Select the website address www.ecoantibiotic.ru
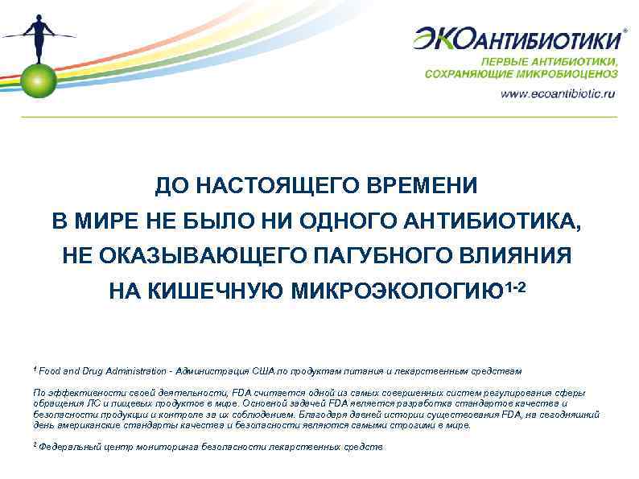pyautogui.click(x=558, y=93)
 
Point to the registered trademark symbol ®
pyautogui.click(x=626, y=26)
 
